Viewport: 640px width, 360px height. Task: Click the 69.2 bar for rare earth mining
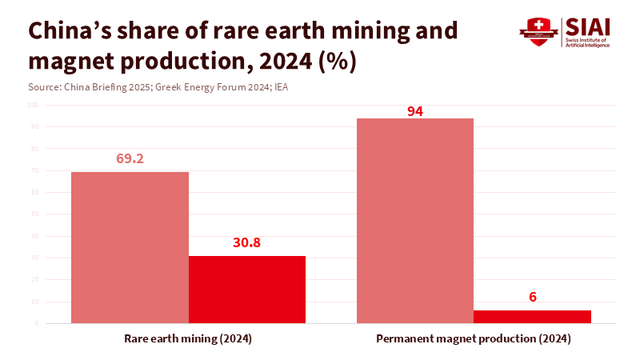(x=130, y=248)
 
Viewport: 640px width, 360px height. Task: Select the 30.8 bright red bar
(x=247, y=290)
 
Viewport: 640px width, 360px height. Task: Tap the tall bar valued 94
(x=414, y=221)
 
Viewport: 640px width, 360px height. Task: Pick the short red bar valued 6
(x=532, y=317)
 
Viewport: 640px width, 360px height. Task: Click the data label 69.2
(x=130, y=159)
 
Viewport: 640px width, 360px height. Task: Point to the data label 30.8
(x=247, y=243)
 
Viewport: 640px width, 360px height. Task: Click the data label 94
(x=414, y=111)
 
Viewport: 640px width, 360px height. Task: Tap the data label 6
(x=532, y=298)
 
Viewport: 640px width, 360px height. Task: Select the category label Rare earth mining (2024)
(x=188, y=339)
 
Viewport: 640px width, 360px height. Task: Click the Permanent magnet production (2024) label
(x=474, y=339)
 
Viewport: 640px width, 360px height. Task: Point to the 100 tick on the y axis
(x=33, y=105)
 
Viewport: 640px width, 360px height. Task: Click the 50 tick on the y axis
(x=34, y=214)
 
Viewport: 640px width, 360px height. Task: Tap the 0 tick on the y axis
(x=37, y=324)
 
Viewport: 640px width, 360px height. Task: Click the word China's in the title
(x=73, y=31)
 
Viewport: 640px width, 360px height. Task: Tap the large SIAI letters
(x=588, y=26)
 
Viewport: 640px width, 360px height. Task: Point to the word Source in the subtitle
(x=45, y=86)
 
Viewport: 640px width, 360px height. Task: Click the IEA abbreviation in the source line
(x=281, y=86)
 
